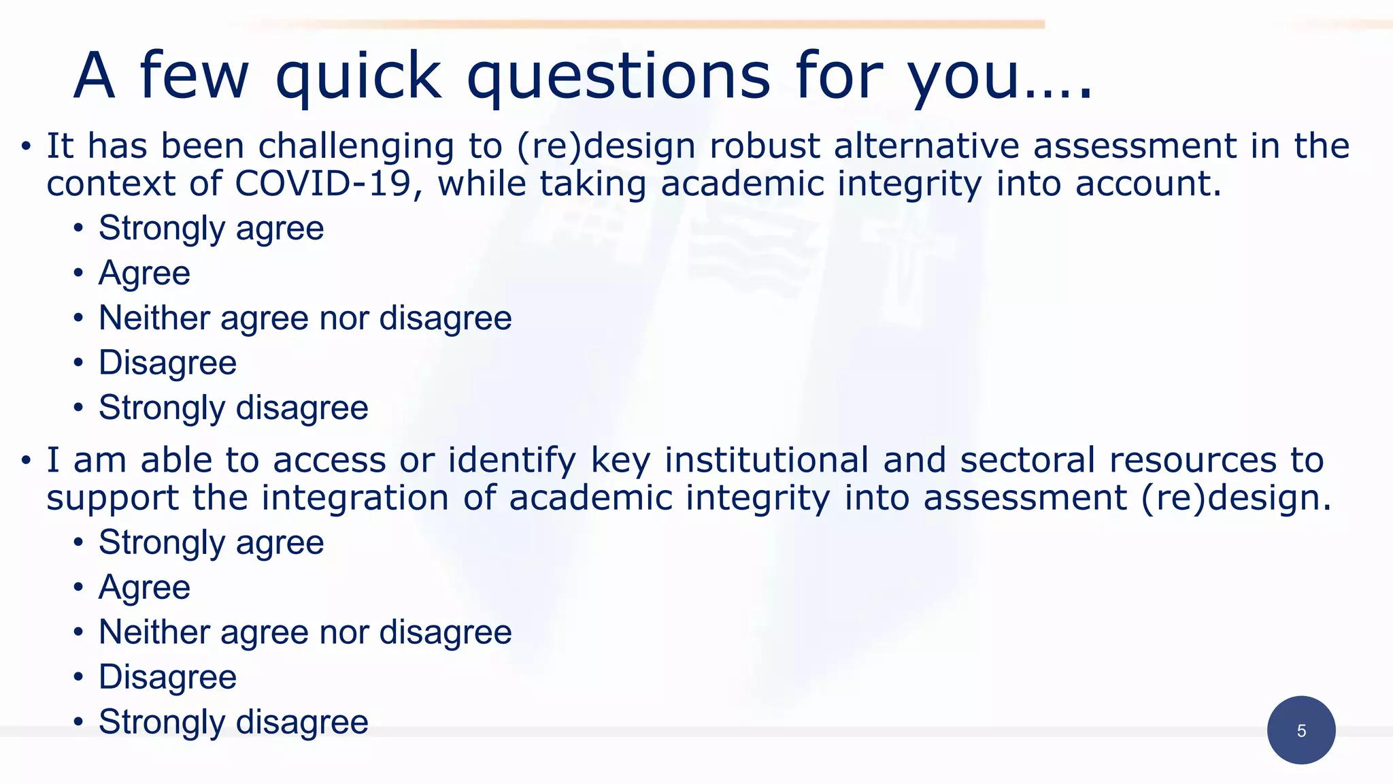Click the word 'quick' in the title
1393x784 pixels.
coord(358,76)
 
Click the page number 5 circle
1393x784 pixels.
coord(1300,730)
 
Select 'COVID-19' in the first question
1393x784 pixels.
coord(323,184)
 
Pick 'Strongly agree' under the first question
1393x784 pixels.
coord(211,229)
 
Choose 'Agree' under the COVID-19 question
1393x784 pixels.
coord(144,274)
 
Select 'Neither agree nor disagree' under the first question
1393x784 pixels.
coord(305,318)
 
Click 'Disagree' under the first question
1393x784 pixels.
coord(167,363)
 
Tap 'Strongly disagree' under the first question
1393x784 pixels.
coord(233,408)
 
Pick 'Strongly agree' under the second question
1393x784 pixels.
coord(211,543)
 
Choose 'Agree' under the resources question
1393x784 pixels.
coord(144,588)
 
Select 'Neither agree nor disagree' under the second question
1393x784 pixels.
coord(305,632)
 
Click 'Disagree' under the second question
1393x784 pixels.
coord(167,677)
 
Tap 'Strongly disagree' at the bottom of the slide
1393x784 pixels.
coord(233,722)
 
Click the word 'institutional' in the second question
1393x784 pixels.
coord(766,460)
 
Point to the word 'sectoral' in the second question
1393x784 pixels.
coord(1027,460)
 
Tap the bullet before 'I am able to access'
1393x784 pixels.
coord(26,461)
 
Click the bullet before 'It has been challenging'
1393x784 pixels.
coord(26,147)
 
